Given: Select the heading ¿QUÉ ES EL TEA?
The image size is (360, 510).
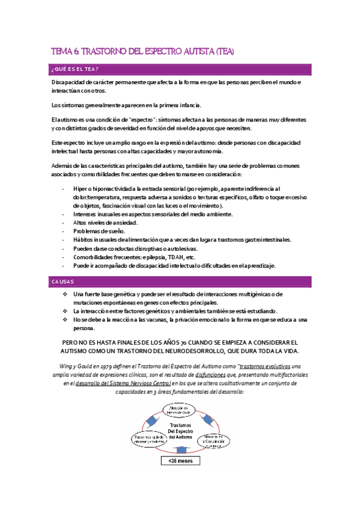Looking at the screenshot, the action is point(75,69).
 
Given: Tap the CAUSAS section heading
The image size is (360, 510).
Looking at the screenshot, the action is point(63,281).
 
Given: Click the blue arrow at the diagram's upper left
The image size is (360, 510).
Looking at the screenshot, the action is point(153,419).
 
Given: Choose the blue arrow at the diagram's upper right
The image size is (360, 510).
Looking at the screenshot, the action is point(208,419).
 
